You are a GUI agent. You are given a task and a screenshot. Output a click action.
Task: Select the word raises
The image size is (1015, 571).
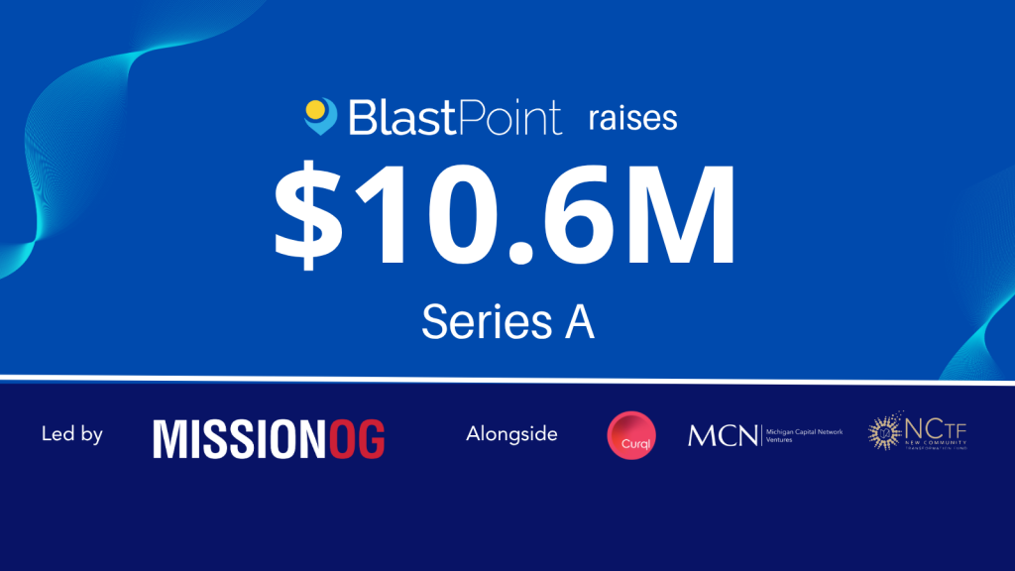point(630,119)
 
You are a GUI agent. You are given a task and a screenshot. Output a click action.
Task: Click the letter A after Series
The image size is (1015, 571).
point(576,322)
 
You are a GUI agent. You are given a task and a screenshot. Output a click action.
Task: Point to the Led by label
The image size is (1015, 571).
point(72,434)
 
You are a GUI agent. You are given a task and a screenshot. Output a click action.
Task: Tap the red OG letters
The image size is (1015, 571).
point(357,438)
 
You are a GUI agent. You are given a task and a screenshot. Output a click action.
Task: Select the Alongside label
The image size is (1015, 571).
point(511,434)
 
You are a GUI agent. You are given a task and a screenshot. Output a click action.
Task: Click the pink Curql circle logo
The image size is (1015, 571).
point(631,434)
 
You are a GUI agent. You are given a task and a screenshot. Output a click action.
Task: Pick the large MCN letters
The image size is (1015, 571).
point(722,434)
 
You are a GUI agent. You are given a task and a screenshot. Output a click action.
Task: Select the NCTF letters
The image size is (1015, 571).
point(932,429)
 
